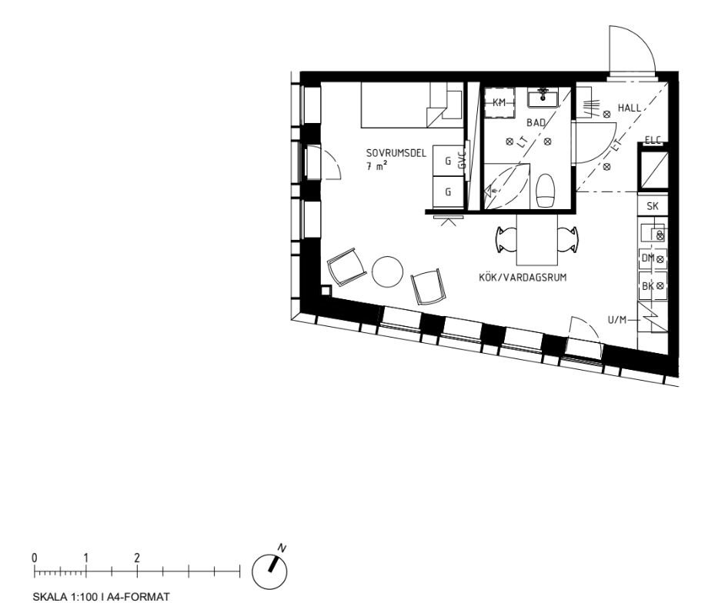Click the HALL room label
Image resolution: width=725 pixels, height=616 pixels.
click(629, 108)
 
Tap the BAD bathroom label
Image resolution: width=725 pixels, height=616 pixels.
click(536, 122)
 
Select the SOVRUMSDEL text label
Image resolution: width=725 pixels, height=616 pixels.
click(396, 153)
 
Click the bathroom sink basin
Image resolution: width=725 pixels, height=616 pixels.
click(543, 98)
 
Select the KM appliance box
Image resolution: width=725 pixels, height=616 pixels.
click(499, 102)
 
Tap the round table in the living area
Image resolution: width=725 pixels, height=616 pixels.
click(387, 271)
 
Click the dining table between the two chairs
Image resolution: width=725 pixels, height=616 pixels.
click(536, 239)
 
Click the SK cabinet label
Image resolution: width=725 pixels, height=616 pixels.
click(653, 206)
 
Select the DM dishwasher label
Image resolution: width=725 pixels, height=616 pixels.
click(647, 258)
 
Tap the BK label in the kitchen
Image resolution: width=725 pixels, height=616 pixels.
click(647, 285)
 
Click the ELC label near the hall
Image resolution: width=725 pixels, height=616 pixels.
click(653, 139)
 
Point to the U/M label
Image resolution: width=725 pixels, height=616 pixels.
click(616, 320)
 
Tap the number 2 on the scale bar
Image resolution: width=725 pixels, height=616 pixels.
click(137, 557)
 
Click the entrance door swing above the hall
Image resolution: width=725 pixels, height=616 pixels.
click(630, 52)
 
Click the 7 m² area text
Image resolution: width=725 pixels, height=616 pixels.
click(376, 165)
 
